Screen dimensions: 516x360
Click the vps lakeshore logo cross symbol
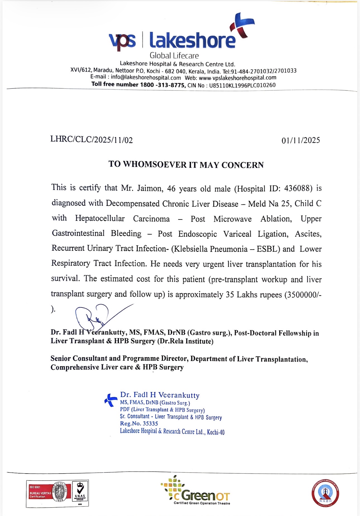click(242, 26)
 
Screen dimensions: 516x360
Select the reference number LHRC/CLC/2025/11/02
click(92, 140)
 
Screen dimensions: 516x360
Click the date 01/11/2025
click(301, 140)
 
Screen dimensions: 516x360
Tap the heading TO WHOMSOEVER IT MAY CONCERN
click(186, 165)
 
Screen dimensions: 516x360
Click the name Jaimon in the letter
click(149, 188)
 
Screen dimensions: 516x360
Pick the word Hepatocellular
click(100, 218)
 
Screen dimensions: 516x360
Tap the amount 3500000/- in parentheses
click(304, 295)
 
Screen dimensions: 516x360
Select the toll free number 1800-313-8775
click(162, 85)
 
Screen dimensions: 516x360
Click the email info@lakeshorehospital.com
click(146, 78)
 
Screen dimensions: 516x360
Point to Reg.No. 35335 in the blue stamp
click(139, 423)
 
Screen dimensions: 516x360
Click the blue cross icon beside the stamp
click(111, 400)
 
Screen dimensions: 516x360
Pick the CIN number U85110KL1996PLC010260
click(242, 85)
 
